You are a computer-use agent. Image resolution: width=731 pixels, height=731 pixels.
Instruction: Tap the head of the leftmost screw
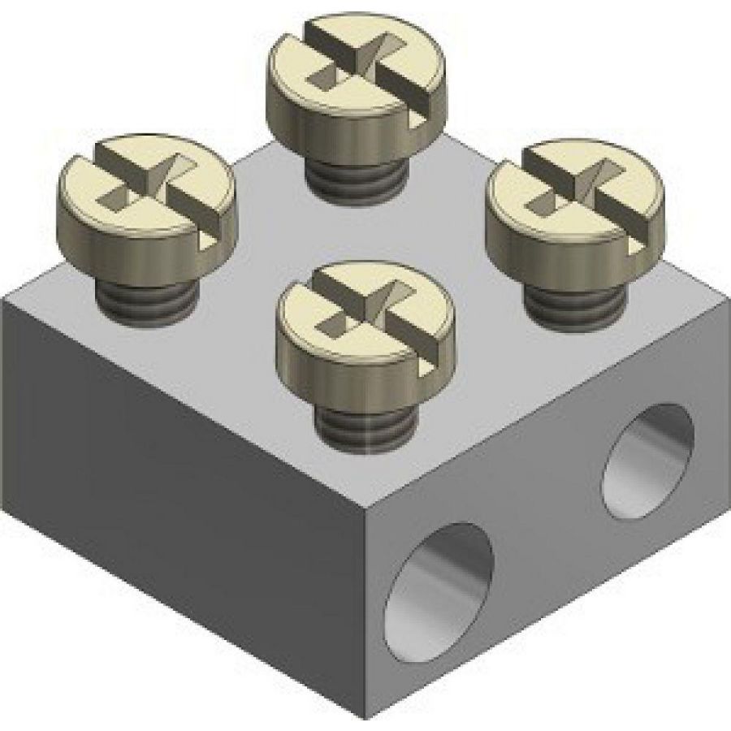[146, 203]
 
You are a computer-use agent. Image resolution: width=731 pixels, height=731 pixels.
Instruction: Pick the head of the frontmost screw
[365, 333]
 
